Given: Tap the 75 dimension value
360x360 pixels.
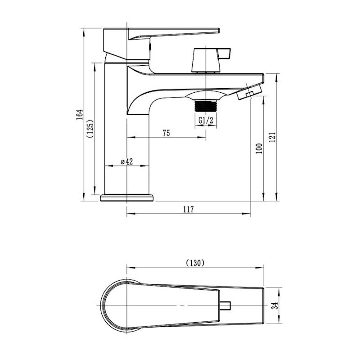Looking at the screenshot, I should click(x=166, y=133).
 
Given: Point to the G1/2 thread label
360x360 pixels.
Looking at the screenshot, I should click(x=206, y=120).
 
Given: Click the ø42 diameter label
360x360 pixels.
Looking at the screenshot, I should click(x=127, y=162).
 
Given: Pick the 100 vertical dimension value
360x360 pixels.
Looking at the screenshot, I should click(x=258, y=148).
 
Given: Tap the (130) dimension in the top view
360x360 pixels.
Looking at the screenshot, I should click(x=195, y=263).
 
